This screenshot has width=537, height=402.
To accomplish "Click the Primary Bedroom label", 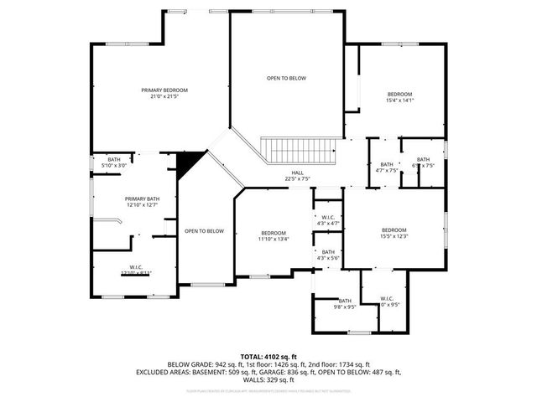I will [164, 93].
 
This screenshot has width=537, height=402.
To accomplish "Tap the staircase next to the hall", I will [299, 151].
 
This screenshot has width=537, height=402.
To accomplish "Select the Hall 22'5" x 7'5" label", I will [298, 175].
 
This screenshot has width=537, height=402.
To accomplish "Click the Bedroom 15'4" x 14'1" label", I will [399, 96].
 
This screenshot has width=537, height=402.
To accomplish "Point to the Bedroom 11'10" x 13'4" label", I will [274, 235].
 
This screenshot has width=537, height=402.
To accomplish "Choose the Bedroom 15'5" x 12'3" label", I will [394, 234].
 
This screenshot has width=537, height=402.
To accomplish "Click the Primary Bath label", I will [142, 201].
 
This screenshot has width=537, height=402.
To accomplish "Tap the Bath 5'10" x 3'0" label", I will [113, 162].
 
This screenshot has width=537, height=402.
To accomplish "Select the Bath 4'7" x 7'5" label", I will [386, 167].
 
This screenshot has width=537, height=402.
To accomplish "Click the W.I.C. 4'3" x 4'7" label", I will [328, 220].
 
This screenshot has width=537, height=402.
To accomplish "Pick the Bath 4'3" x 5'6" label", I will [328, 255].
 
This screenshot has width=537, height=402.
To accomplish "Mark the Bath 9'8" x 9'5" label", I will [345, 303].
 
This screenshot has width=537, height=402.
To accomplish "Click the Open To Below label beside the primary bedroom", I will [286, 78].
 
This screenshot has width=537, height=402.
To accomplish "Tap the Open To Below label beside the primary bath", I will [204, 231].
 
